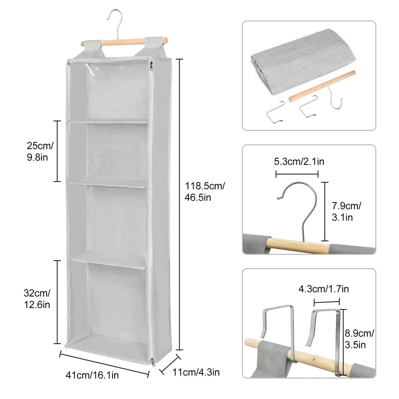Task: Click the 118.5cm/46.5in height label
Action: (205, 192)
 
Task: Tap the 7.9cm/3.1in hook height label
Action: (346, 211)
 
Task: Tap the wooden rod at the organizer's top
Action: (123, 42)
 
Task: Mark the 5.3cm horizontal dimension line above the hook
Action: (297, 174)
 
